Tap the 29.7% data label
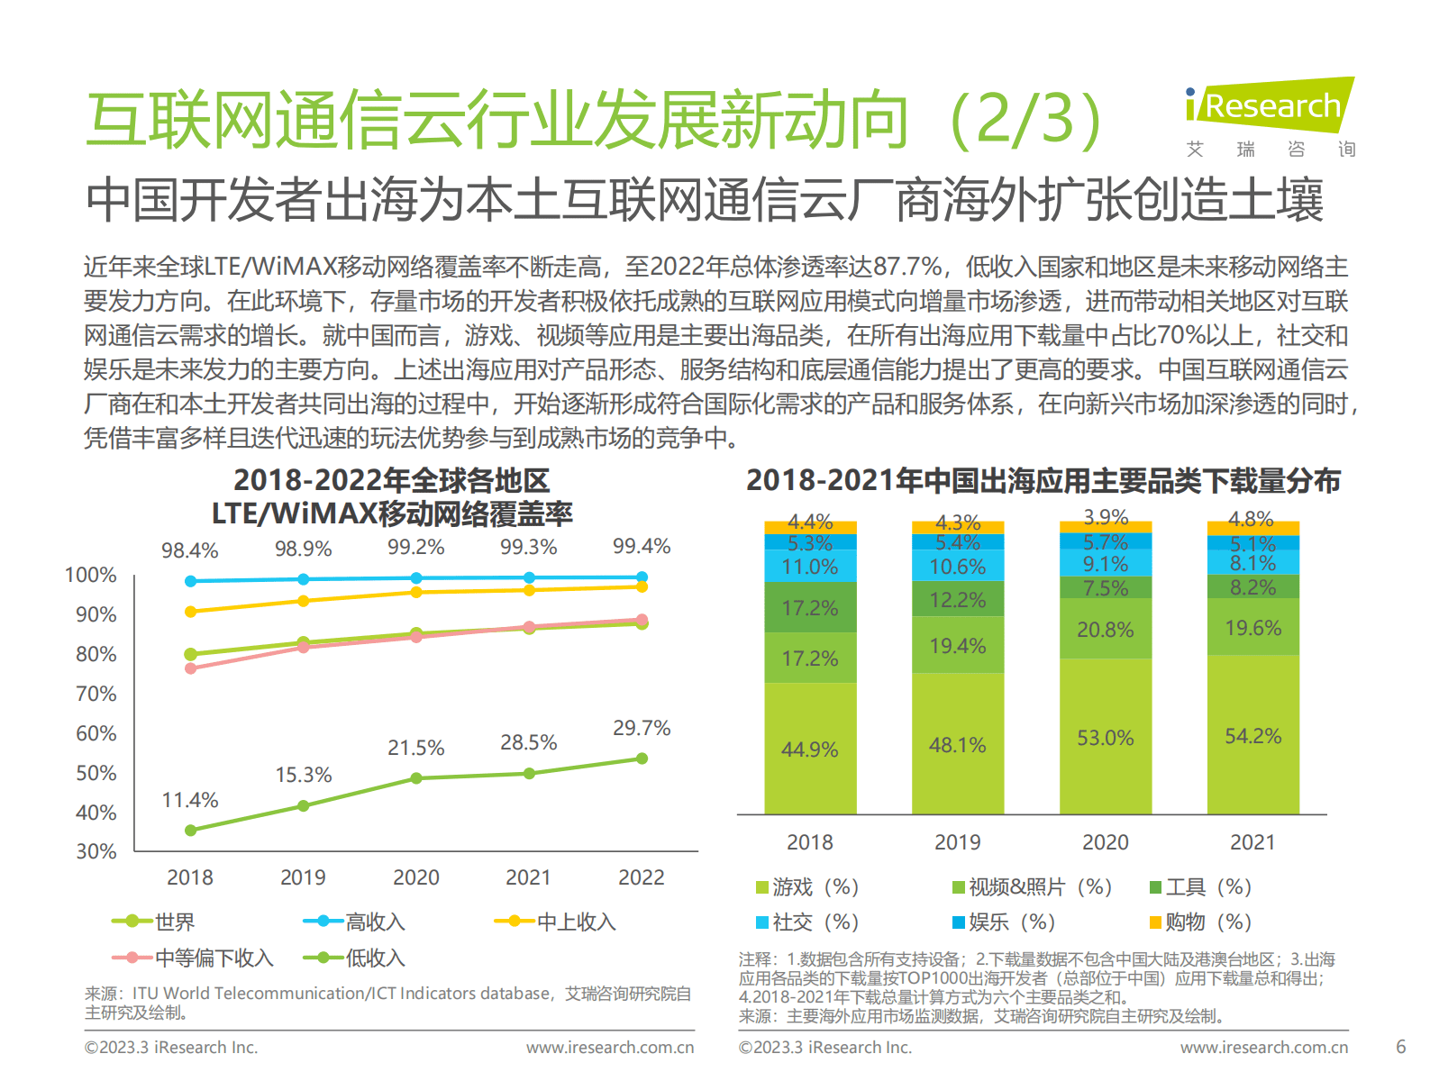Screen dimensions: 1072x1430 tap(642, 728)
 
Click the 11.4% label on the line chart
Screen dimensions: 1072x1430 tap(190, 800)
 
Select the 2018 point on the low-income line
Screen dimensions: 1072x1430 tap(190, 831)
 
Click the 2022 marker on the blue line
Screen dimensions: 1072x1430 tap(642, 577)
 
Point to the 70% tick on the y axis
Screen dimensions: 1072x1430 tap(96, 694)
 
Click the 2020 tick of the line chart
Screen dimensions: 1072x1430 tap(415, 877)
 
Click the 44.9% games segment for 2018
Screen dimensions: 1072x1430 tap(809, 749)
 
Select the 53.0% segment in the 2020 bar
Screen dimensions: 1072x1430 tap(1105, 738)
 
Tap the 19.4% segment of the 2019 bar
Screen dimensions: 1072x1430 tap(957, 646)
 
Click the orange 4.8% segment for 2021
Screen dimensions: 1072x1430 tap(1252, 526)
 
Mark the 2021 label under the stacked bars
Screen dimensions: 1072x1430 tap(1252, 842)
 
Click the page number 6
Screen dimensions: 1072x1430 tap(1400, 1047)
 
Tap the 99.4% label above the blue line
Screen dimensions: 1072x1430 tap(642, 546)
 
